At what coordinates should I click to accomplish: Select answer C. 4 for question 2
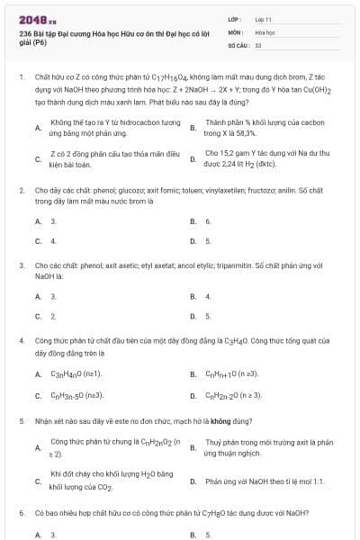(52, 240)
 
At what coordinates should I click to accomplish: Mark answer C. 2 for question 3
(52, 316)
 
